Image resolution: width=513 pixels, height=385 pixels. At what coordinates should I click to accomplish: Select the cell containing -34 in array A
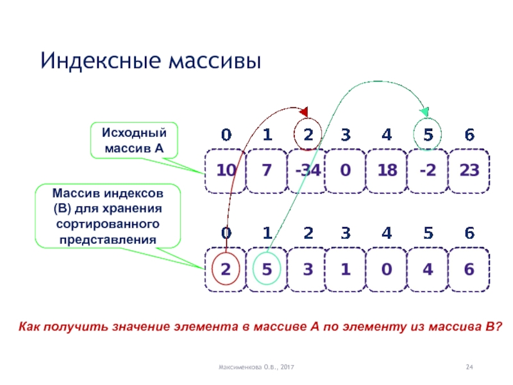[x=307, y=171]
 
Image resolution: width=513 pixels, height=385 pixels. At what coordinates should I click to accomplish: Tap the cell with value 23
[x=469, y=171]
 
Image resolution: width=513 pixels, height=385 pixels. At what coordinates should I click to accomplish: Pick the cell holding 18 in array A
[x=387, y=171]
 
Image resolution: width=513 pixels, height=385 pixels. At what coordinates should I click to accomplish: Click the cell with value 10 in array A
[x=226, y=171]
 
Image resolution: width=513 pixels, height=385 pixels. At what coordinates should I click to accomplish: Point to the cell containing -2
[x=427, y=171]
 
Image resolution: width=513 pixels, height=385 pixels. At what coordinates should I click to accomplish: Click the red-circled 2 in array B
[x=226, y=269]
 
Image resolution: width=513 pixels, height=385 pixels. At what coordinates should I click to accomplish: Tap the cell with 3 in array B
[x=307, y=269]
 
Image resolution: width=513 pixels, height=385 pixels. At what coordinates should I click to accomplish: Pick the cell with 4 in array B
[x=427, y=269]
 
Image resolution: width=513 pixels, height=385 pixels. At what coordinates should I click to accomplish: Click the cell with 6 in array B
[x=469, y=269]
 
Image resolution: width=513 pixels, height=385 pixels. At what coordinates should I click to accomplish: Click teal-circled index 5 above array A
[x=427, y=135]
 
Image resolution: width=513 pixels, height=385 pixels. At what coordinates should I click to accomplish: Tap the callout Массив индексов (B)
[x=107, y=217]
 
